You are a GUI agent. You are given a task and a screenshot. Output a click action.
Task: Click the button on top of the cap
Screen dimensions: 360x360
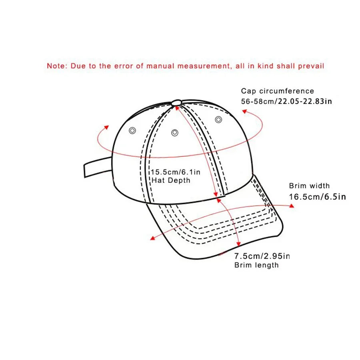[x=176, y=103]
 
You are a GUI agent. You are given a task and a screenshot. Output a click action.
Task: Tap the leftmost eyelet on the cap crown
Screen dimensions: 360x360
[x=132, y=130]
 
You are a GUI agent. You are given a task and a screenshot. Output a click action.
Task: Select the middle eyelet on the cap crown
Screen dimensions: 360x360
[x=174, y=132]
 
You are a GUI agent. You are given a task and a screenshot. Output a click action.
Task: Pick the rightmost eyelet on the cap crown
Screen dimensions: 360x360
[x=218, y=119]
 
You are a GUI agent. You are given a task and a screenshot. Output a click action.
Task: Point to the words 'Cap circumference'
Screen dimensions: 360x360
[x=277, y=91]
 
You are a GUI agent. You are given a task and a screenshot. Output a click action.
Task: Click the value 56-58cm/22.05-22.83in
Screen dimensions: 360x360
[x=286, y=102]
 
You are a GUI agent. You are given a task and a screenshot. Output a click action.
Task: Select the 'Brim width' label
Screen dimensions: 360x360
[x=309, y=186]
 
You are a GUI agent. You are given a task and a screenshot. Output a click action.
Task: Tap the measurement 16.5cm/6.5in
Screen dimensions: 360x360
[x=317, y=196]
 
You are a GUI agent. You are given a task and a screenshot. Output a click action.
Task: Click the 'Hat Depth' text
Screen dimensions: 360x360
[x=171, y=180]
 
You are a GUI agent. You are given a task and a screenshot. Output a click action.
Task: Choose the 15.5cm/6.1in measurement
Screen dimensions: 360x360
[x=175, y=172]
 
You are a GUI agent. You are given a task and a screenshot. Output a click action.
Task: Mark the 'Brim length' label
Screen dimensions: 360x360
[x=256, y=265]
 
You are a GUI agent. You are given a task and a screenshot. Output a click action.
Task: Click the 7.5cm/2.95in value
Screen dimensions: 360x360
[x=262, y=256]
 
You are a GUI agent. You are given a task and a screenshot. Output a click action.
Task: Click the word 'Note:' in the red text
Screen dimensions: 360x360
[x=58, y=66]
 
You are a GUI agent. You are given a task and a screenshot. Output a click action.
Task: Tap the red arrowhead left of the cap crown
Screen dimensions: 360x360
[x=106, y=127]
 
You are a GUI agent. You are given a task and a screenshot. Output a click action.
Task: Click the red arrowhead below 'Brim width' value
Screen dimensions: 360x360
[x=292, y=206]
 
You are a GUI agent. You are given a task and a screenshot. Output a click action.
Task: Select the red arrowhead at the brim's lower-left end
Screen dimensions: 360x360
[x=152, y=239]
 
